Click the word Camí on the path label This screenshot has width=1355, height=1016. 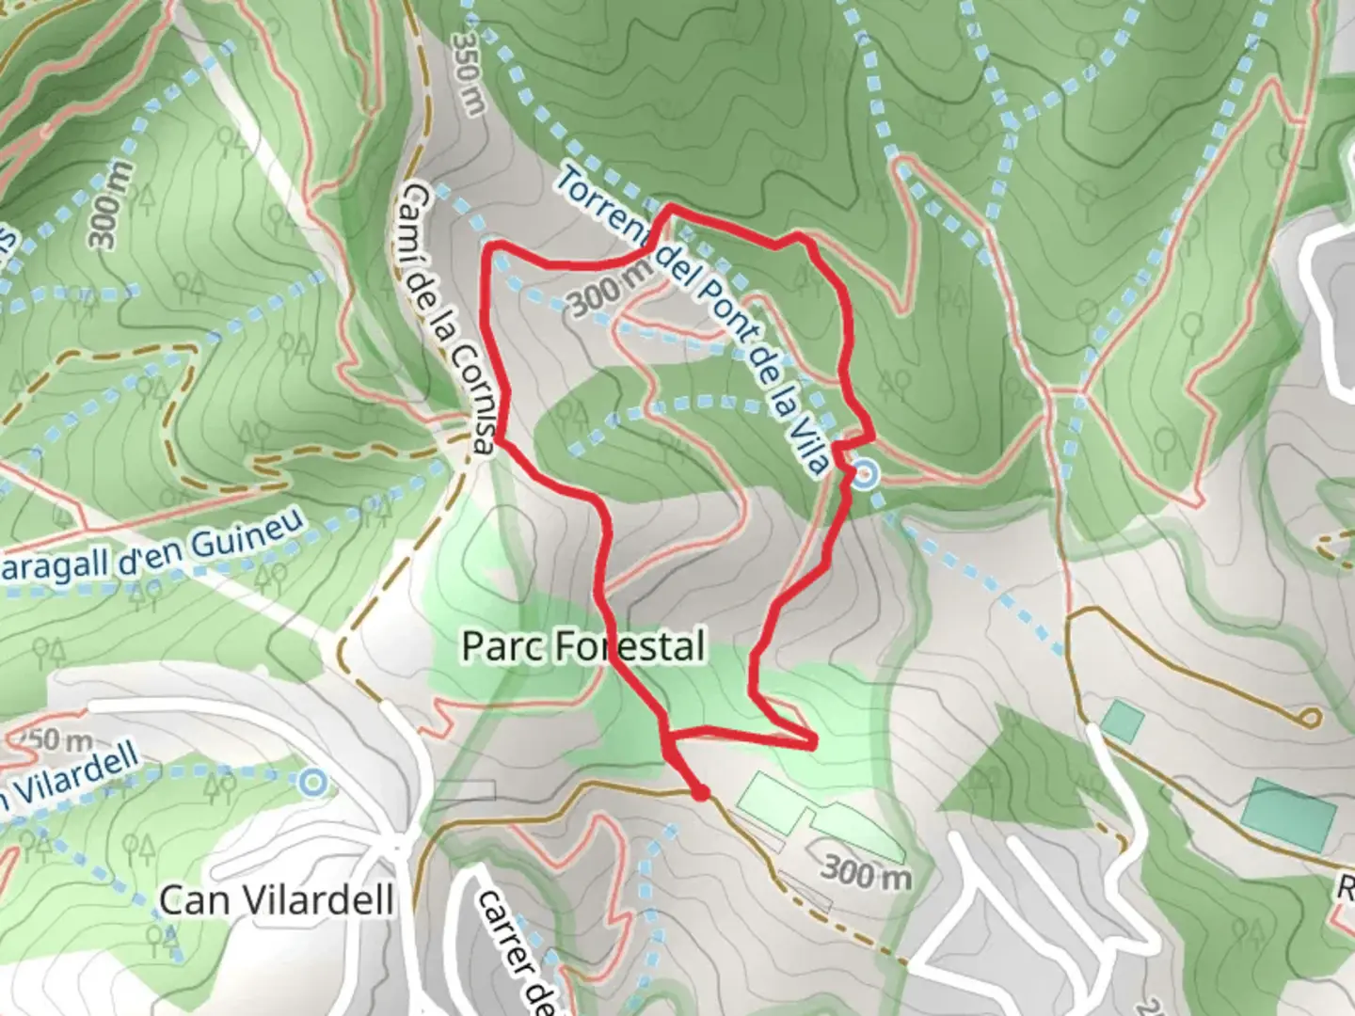pos(415,212)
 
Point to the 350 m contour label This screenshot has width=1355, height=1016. pos(468,73)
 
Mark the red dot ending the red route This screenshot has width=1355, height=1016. pos(700,793)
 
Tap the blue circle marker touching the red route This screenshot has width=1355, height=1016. pos(866,475)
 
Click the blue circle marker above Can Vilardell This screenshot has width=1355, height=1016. pos(312,782)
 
